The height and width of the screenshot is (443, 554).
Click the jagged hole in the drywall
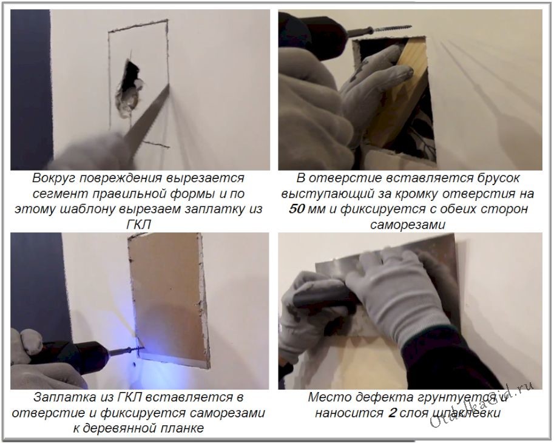click(x=128, y=89)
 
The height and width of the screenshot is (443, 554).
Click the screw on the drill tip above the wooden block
click(x=389, y=29)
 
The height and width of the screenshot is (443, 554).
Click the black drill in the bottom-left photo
click(x=76, y=357)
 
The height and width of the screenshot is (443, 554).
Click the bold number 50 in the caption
click(x=297, y=209)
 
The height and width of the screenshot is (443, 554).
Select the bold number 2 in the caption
click(x=391, y=413)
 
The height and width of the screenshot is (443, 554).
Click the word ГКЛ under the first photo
click(x=138, y=225)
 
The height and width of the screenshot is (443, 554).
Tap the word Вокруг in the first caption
click(x=53, y=178)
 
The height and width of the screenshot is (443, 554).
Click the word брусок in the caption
click(x=498, y=178)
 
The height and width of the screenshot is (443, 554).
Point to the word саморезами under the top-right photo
click(x=408, y=225)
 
